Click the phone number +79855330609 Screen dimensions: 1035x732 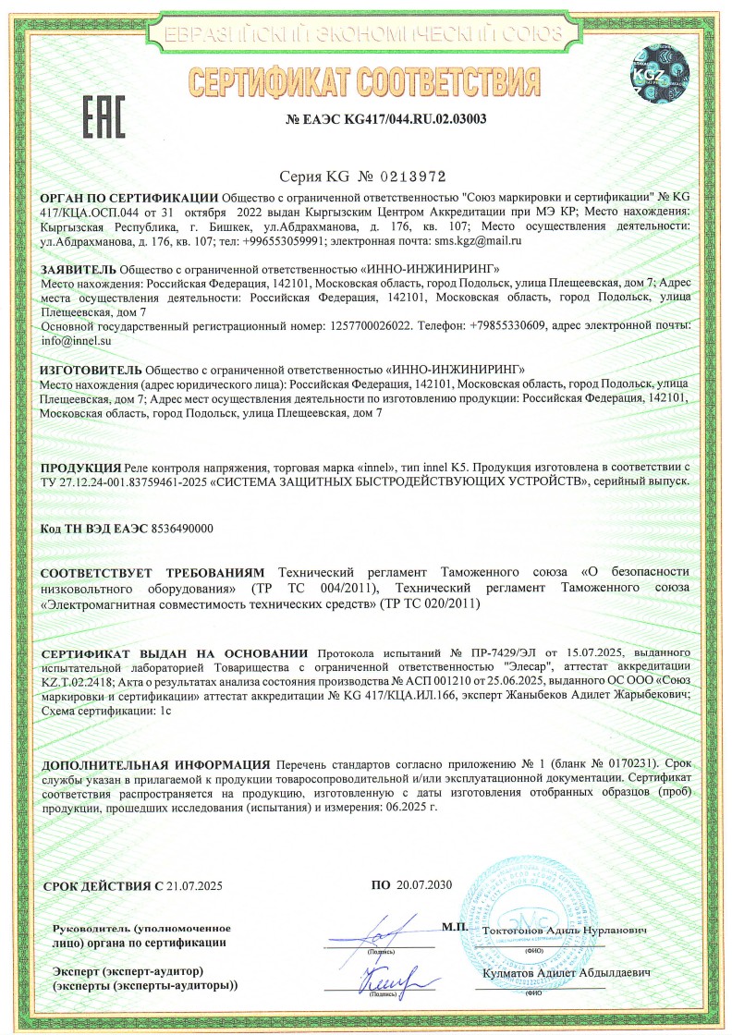tap(518, 326)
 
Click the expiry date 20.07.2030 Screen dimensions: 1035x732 tap(424, 885)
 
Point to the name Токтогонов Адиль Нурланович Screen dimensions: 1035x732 tap(565, 929)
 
